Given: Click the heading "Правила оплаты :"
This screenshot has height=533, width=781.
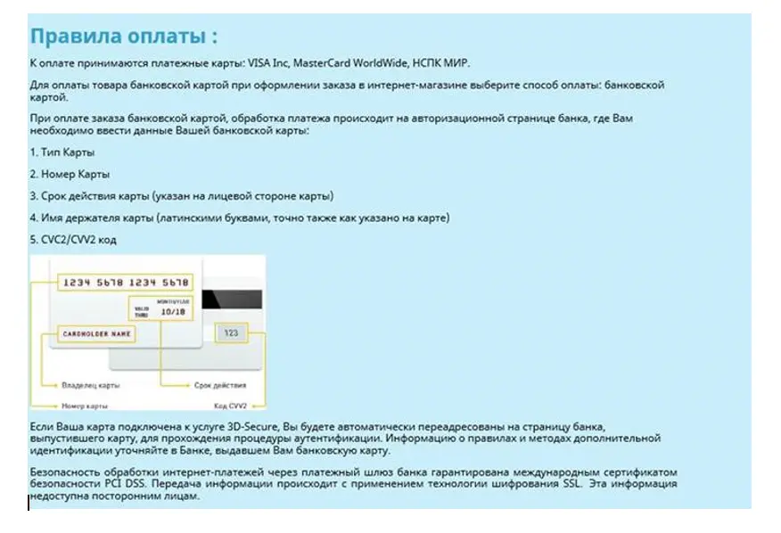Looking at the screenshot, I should pyautogui.click(x=123, y=37).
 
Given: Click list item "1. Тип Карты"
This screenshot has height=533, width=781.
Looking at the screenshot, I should pyautogui.click(x=62, y=152).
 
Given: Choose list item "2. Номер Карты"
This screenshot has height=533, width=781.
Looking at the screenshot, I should pyautogui.click(x=70, y=174).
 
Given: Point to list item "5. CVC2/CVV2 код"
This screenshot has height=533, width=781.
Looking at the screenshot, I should pyautogui.click(x=73, y=240).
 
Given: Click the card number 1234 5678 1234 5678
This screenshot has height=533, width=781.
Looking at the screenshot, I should pyautogui.click(x=124, y=283).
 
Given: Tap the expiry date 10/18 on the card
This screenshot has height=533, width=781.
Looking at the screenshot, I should pyautogui.click(x=172, y=313).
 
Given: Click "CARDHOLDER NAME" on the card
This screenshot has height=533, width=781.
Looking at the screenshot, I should pyautogui.click(x=97, y=333).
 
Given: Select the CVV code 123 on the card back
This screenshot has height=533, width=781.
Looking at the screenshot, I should pyautogui.click(x=231, y=332).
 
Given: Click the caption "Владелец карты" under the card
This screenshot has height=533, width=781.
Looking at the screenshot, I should pyautogui.click(x=91, y=386).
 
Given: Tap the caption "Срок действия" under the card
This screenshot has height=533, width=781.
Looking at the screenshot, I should pyautogui.click(x=215, y=386).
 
